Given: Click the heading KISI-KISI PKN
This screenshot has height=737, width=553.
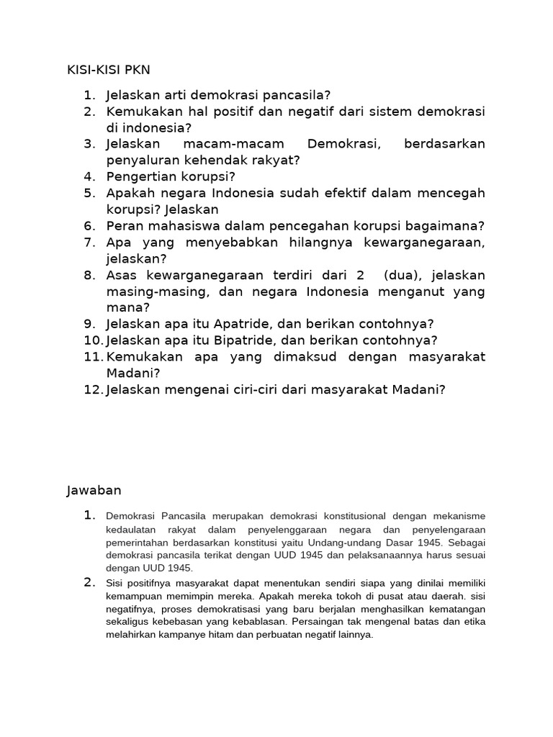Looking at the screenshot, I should (108, 69).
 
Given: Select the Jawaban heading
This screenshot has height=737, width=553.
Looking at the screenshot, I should (94, 490).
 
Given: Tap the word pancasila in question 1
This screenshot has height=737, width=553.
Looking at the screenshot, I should (283, 95).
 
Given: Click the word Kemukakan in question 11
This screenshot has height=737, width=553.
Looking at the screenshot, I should (142, 356).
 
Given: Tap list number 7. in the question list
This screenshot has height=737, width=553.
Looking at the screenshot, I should (89, 243).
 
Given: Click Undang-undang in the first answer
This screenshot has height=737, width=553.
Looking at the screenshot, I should (374, 542).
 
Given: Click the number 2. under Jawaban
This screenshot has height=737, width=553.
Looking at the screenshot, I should (90, 582).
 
